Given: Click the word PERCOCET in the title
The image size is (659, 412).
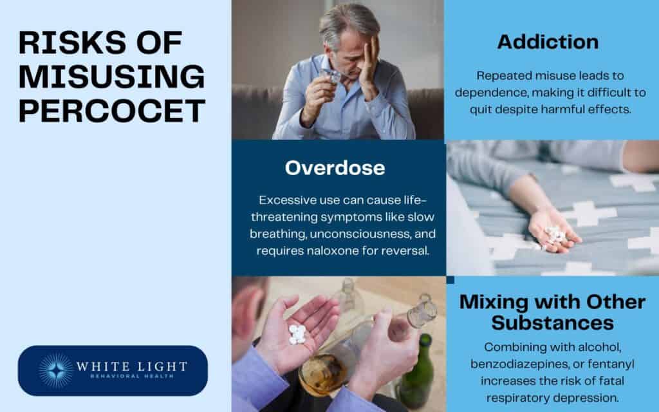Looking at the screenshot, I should point(111,111).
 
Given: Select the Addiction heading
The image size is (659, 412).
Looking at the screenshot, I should point(548,42).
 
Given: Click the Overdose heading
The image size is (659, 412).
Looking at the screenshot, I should point(335,168).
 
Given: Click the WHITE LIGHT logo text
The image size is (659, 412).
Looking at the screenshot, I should point(131,367).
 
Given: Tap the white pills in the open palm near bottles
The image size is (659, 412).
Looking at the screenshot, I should point(297,333).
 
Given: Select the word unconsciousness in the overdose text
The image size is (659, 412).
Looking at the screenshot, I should point(363,233).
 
